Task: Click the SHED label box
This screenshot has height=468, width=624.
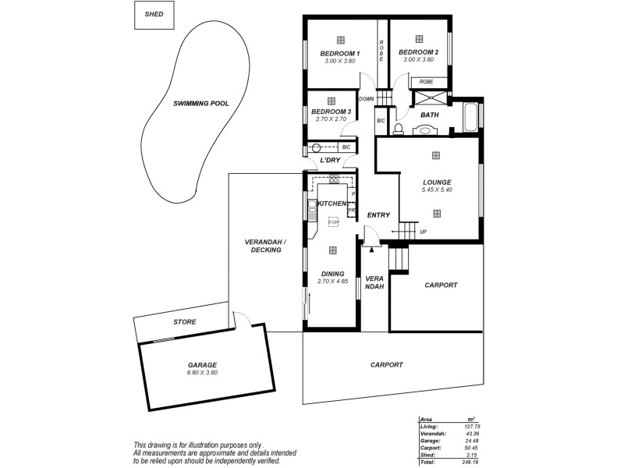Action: [154, 15]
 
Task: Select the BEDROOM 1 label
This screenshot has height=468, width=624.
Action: [339, 53]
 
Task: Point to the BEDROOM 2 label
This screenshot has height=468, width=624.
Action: [419, 52]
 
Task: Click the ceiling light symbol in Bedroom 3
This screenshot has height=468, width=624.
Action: [331, 101]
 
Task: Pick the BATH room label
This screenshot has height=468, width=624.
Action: [429, 115]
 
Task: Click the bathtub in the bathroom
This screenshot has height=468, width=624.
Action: [470, 118]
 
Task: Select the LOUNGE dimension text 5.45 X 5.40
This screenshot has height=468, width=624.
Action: [437, 190]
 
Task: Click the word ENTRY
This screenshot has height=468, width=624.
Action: [378, 215]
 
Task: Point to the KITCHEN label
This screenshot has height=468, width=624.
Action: [331, 204]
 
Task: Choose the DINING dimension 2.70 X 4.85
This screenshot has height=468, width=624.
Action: [332, 281]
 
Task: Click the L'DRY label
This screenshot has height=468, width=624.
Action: [331, 160]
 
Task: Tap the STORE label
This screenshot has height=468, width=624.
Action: [184, 321]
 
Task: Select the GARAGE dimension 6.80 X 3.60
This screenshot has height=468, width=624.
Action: [202, 373]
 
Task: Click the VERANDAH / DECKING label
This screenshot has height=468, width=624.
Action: [265, 246]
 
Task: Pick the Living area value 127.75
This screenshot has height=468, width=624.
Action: [471, 426]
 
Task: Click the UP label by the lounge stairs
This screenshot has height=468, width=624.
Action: [424, 232]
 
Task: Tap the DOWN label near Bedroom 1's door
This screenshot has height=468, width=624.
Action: [367, 99]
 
